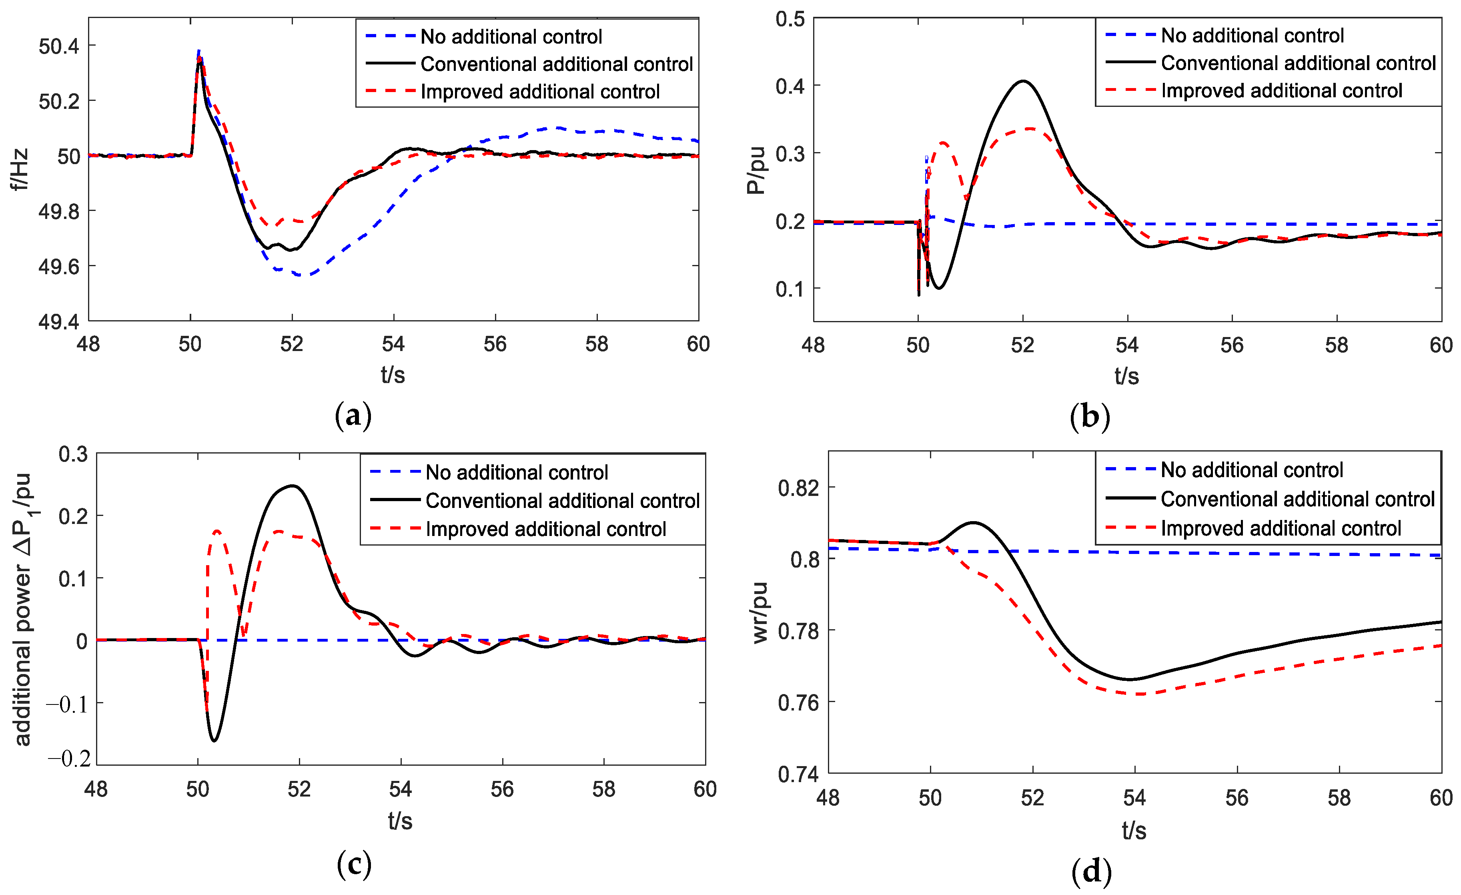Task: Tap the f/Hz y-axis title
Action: click(x=20, y=170)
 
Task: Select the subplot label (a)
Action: click(x=353, y=416)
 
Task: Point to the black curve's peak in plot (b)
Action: click(x=1023, y=81)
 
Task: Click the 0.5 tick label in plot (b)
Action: click(x=790, y=19)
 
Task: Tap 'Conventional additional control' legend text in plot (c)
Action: click(x=562, y=501)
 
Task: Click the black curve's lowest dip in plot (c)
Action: click(x=214, y=740)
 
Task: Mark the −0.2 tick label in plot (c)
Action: click(x=69, y=759)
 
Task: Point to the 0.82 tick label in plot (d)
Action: click(x=798, y=488)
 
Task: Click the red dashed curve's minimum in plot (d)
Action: click(x=1137, y=694)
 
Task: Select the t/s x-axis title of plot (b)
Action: click(x=1126, y=376)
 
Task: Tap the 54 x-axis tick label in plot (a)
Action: click(x=393, y=344)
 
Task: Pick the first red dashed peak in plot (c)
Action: click(x=216, y=531)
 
